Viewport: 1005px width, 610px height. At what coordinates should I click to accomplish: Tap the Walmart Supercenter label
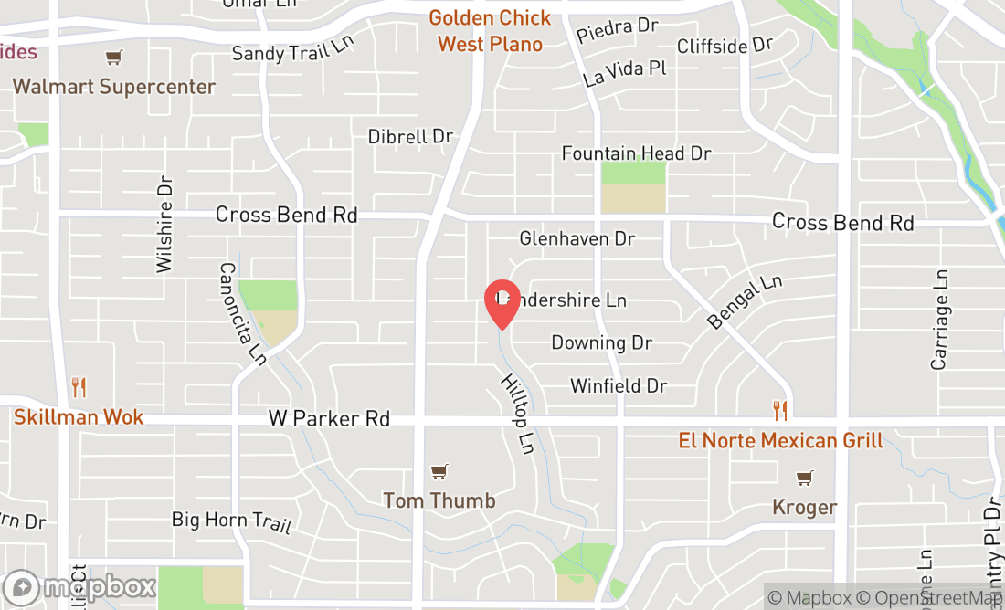pyautogui.click(x=114, y=87)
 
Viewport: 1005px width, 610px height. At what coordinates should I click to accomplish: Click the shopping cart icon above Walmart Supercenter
pyautogui.click(x=113, y=58)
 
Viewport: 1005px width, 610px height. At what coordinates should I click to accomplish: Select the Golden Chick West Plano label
pyautogui.click(x=490, y=31)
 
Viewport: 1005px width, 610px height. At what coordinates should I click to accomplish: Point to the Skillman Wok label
pyautogui.click(x=79, y=417)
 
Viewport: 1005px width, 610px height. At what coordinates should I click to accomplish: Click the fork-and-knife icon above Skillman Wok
pyautogui.click(x=79, y=388)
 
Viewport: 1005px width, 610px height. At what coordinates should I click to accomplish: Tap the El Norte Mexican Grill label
pyautogui.click(x=780, y=441)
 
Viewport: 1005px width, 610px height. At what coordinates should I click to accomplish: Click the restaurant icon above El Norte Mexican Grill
pyautogui.click(x=779, y=410)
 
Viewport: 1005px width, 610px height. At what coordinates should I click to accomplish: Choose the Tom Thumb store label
pyautogui.click(x=439, y=500)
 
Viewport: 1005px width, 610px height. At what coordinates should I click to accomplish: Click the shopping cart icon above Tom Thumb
pyautogui.click(x=439, y=471)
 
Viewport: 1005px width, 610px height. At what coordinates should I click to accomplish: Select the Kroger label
pyautogui.click(x=804, y=507)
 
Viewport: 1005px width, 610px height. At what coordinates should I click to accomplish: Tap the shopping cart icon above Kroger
pyautogui.click(x=804, y=478)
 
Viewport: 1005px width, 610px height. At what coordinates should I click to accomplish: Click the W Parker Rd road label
pyautogui.click(x=329, y=419)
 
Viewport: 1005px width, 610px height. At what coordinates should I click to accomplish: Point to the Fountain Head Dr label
pyautogui.click(x=636, y=153)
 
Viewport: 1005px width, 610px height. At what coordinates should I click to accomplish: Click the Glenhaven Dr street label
pyautogui.click(x=577, y=238)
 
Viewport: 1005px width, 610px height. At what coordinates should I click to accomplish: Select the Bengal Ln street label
pyautogui.click(x=745, y=302)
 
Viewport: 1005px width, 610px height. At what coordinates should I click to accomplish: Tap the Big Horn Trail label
pyautogui.click(x=231, y=521)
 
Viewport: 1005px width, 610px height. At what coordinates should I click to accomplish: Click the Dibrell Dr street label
pyautogui.click(x=410, y=137)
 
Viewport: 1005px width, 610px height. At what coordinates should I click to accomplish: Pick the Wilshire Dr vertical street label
pyautogui.click(x=164, y=224)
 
